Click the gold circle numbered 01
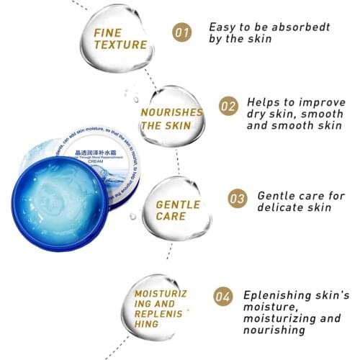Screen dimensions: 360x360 point(183,32)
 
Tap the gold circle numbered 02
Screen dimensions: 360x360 point(228,107)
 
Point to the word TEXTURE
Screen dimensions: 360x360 point(120,45)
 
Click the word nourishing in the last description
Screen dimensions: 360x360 point(273,330)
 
